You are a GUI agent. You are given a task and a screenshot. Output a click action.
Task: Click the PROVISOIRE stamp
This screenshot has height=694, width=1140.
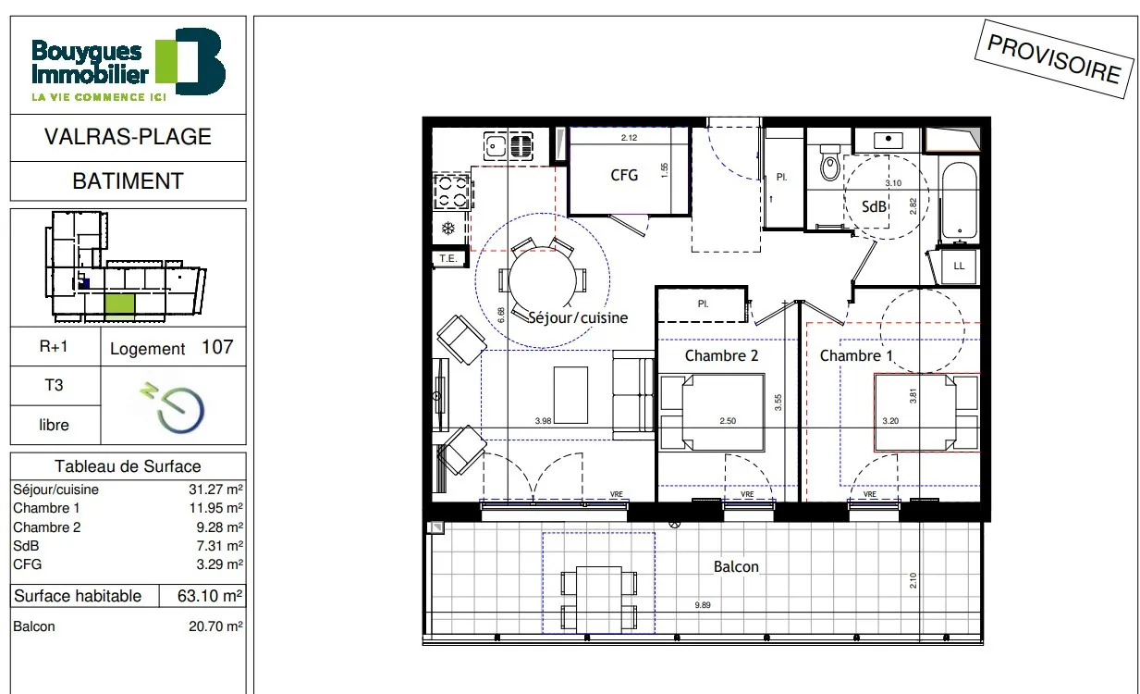click(1054, 59)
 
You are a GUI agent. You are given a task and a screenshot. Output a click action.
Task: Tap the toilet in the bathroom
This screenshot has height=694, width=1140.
click(830, 163)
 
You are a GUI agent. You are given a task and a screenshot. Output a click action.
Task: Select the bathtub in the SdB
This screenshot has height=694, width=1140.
click(960, 201)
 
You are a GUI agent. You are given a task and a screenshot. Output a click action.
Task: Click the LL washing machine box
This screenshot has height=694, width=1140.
click(959, 266)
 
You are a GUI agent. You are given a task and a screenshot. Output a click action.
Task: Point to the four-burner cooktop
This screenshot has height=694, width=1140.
click(451, 192)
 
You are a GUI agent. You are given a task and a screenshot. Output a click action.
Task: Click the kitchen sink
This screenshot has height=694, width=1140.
click(509, 146)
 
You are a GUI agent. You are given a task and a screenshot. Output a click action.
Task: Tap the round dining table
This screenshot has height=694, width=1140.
click(543, 279)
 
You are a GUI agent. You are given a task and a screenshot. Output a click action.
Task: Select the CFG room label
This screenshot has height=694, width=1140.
click(624, 175)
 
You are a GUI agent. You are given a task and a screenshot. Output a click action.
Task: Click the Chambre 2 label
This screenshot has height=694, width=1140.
click(721, 355)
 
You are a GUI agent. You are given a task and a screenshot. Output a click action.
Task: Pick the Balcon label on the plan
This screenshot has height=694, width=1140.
click(736, 566)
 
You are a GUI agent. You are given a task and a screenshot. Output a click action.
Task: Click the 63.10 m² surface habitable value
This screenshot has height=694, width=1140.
click(210, 596)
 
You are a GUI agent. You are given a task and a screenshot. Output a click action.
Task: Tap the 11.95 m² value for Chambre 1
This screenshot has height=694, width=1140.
click(215, 508)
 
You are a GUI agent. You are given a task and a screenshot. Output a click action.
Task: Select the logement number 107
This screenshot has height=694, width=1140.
click(217, 347)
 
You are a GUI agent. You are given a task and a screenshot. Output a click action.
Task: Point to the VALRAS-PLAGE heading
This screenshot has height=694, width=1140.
click(128, 137)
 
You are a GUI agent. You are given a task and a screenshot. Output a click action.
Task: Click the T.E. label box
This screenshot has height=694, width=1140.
click(448, 259)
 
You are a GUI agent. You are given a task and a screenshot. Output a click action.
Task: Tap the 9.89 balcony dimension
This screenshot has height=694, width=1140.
click(703, 605)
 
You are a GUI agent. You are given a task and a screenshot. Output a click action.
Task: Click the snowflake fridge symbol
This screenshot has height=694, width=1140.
click(447, 229)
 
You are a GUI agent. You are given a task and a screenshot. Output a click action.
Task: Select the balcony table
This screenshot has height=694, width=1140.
click(599, 600)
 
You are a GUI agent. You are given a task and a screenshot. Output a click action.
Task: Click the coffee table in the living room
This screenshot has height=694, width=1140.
click(570, 395)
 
